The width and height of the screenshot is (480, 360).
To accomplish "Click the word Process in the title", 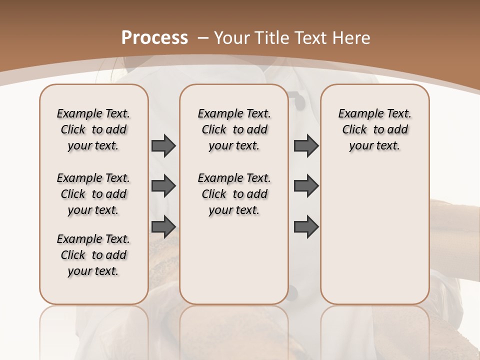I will click(154, 37).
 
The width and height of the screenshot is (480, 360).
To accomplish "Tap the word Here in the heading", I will click(352, 37).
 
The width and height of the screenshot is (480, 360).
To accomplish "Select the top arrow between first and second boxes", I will click(163, 145).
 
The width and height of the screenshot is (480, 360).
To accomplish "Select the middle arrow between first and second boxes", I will click(163, 186).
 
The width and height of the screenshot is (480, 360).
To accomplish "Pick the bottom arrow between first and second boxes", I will click(163, 226).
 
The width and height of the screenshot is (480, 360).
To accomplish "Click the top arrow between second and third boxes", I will click(306, 145).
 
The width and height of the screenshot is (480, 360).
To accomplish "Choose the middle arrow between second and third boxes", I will click(306, 186).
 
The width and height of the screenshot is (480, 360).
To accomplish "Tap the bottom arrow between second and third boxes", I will click(306, 226).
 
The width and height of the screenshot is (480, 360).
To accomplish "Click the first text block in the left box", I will click(93, 129).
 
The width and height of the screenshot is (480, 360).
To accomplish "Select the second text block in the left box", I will click(93, 194).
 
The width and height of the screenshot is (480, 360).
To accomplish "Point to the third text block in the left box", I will click(93, 255).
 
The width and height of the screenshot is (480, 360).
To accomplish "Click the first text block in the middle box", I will click(234, 129).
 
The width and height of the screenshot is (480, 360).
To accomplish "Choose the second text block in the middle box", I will click(234, 194).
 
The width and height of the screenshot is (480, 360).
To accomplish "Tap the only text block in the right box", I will click(375, 129).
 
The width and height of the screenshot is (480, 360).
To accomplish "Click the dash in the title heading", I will click(202, 37).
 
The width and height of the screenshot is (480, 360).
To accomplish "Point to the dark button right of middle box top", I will click(299, 101).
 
